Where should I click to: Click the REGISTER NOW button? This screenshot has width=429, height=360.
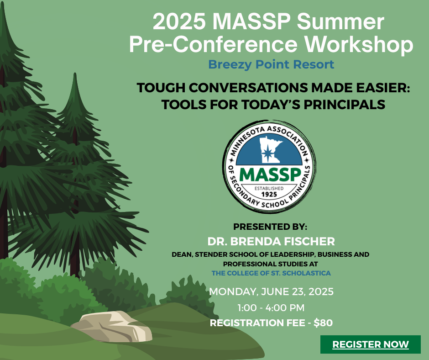371,344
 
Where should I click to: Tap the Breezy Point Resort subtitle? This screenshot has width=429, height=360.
271,65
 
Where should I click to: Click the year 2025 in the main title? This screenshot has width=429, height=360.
179,22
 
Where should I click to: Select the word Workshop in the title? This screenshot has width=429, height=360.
359,44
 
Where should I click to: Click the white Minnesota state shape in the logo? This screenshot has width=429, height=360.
270,150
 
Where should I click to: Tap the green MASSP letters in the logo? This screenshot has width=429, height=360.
270,175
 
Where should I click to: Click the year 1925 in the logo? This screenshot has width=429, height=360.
269,195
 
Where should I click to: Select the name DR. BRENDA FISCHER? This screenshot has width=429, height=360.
271,242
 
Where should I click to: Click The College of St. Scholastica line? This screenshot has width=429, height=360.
271,273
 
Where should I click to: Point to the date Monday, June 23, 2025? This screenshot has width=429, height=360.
271,292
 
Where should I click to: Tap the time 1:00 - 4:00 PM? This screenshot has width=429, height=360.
271,308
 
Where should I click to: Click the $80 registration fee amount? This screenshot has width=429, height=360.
323,323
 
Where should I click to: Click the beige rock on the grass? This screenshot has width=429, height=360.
113,326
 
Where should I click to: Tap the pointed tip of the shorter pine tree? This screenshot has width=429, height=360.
75,74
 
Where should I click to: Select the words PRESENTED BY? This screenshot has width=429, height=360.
270,227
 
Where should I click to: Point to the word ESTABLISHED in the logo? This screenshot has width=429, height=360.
269,189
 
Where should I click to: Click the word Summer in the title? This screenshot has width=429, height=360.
340,22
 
